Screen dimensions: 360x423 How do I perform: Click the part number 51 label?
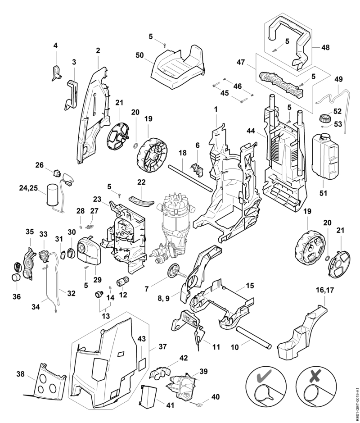tap(323, 193)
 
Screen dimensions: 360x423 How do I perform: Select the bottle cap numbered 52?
tap(323, 118)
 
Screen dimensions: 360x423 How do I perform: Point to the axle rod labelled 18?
tap(189, 179)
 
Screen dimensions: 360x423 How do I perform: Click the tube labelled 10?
tap(253, 337)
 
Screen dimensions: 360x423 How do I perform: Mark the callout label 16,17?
tap(325, 291)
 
